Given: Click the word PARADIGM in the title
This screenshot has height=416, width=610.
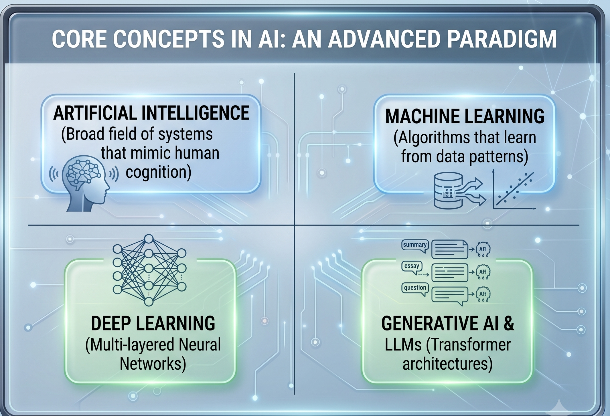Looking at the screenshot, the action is click(502, 39).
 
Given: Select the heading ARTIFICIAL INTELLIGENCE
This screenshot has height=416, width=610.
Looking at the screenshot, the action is click(151, 113).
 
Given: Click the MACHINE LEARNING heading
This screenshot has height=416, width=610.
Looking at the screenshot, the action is click(465, 116).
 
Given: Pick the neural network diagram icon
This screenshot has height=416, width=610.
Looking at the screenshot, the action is click(149, 270).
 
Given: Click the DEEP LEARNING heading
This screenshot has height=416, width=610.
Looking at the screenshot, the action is click(153, 323).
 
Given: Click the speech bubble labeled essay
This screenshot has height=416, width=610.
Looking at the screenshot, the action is click(412, 267).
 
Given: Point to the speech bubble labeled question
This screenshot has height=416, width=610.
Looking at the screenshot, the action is click(415, 289).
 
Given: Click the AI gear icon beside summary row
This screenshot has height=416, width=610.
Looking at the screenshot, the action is click(483, 249).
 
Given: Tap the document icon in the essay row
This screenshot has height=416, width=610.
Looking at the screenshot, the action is click(450, 273).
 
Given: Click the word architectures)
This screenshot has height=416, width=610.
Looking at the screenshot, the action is click(447, 364).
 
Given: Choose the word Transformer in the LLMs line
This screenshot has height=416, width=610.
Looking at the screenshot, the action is click(469, 345).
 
